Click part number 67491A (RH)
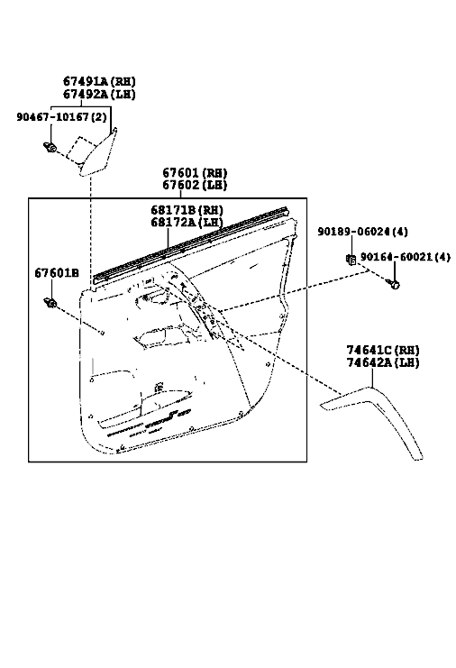99,81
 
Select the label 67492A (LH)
99,94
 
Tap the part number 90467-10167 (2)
62,116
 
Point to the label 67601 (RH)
195,172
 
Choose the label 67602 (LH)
195,185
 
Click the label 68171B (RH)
187,210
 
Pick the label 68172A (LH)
187,222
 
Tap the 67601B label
57,273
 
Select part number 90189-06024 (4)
363,232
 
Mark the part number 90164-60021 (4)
406,257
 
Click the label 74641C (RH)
383,350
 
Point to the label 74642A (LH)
383,363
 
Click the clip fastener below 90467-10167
50,148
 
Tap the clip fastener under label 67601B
50,303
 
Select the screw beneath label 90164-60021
394,284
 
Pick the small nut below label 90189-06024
351,259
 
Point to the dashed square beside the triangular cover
83,150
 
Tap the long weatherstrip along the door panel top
192,246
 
